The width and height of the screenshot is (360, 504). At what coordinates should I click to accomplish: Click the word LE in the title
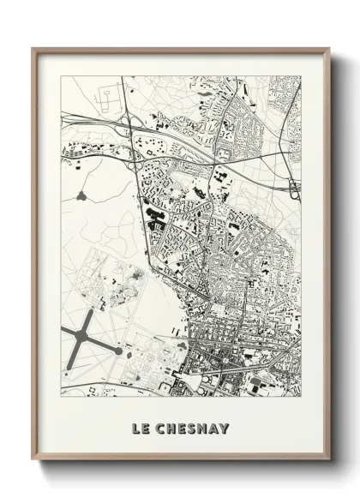coord(141,428)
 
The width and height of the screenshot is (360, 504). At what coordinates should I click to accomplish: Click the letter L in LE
coord(136,428)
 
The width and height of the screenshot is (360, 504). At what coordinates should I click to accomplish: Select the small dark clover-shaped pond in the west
coord(82,196)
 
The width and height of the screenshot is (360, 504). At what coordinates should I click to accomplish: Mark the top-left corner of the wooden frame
coord(33,48)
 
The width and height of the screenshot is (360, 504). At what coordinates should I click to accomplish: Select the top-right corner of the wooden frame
coord(329,48)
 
